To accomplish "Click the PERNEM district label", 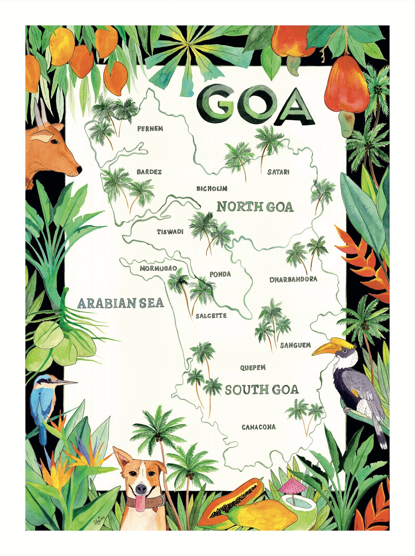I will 150,129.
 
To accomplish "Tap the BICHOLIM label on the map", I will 212,189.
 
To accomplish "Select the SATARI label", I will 278,172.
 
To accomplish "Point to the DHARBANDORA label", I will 293,279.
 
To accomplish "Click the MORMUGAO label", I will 158,269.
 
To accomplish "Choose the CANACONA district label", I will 258,427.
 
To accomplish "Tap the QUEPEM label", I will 253,368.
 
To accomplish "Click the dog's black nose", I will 141,488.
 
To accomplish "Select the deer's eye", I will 55,141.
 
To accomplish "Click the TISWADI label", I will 170,232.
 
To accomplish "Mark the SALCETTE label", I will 211,316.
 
